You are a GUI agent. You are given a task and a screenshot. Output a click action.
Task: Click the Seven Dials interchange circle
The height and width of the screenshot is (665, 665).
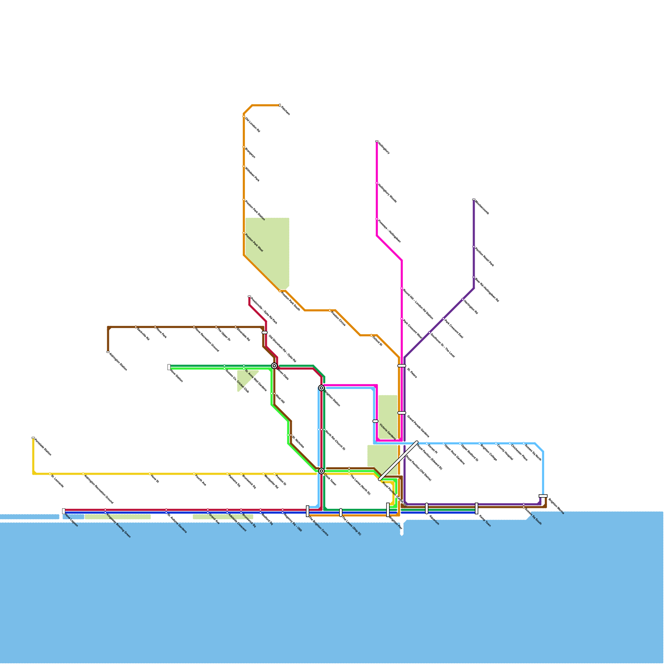tap(274, 366)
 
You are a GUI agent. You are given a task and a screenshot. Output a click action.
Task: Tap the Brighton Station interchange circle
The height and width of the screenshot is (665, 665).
tap(321, 388)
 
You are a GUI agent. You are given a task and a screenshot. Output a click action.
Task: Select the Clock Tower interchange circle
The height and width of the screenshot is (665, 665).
tap(321, 471)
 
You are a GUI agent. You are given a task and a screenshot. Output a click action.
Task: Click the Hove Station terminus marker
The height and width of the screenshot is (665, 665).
tap(169, 367)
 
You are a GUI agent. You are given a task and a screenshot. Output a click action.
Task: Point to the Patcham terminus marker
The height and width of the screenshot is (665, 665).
tap(280, 105)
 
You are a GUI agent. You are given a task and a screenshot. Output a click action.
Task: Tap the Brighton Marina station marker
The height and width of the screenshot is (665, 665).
tap(543, 496)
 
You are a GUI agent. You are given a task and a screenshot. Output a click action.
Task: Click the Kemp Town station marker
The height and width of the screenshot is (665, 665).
tap(476, 508)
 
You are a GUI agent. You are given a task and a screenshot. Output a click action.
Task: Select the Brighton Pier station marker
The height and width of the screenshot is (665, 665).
tap(388, 510)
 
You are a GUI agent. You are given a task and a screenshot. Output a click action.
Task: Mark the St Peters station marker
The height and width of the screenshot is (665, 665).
tap(401, 366)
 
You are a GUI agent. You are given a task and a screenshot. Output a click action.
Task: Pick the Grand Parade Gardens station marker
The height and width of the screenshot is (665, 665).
tap(401, 413)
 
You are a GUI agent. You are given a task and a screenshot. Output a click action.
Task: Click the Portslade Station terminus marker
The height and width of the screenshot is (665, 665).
tap(33, 438)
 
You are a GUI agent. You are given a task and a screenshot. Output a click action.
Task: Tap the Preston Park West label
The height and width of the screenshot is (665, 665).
tap(254, 243)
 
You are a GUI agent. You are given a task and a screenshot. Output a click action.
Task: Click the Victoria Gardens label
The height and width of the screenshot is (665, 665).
tap(387, 431)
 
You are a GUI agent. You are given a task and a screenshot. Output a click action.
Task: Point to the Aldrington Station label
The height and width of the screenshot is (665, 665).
tap(118, 362)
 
